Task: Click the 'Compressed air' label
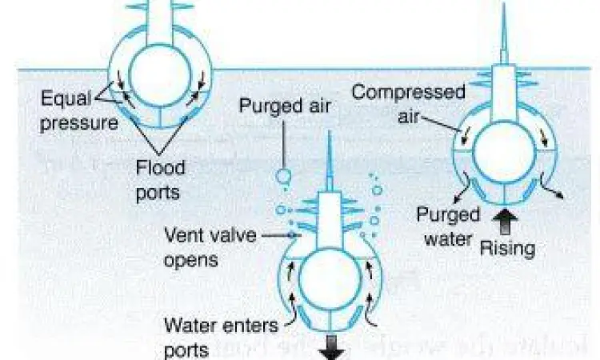point(407,102)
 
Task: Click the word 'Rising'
point(506,248)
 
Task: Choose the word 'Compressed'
point(408,92)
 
